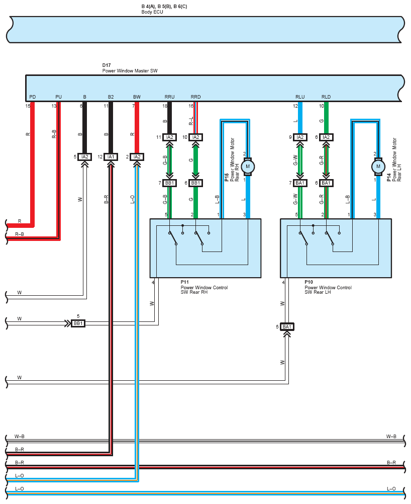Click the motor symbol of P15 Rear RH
click(x=248, y=166)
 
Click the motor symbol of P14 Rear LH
click(x=378, y=166)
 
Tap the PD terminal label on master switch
click(x=33, y=97)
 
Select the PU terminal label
click(x=58, y=97)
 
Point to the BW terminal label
click(x=137, y=97)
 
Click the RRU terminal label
click(x=169, y=97)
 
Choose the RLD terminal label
click(x=326, y=97)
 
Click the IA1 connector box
click(x=111, y=157)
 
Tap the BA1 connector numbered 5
click(x=287, y=327)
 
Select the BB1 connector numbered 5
click(x=78, y=323)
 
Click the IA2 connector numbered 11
click(x=169, y=137)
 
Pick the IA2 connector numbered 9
click(x=300, y=137)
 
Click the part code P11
click(x=184, y=282)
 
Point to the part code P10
click(x=309, y=282)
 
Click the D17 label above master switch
click(x=107, y=65)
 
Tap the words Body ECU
click(x=152, y=12)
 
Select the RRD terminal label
click(x=195, y=97)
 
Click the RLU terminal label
click(x=300, y=97)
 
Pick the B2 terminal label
click(x=111, y=97)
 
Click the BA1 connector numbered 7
click(x=300, y=183)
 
